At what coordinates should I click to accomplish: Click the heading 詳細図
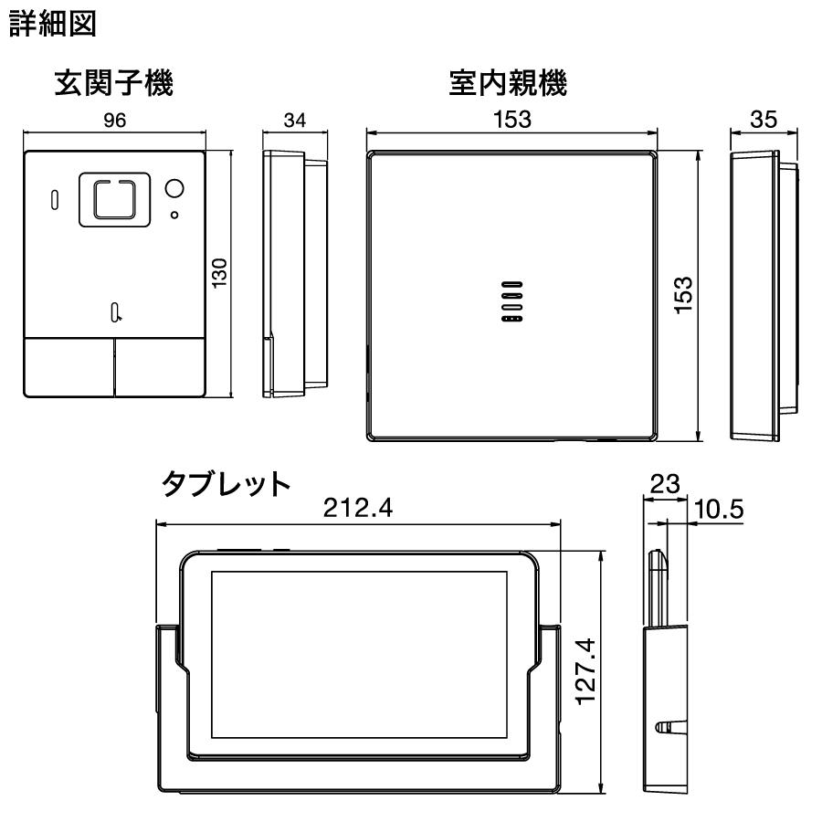pos(53,25)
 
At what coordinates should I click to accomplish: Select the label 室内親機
pos(508,86)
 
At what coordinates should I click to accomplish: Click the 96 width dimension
pos(115,124)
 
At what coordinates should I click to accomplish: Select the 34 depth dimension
pos(294,124)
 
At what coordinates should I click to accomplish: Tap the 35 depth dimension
pos(764,120)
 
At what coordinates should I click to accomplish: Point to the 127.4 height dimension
pos(589,671)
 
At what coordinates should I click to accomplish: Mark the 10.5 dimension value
pos(717,511)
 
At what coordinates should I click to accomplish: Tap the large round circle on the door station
pos(174,189)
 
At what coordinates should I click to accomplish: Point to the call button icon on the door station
pos(116,312)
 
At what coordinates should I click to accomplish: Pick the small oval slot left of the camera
pos(53,198)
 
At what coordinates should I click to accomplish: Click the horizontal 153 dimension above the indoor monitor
pos(511,120)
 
